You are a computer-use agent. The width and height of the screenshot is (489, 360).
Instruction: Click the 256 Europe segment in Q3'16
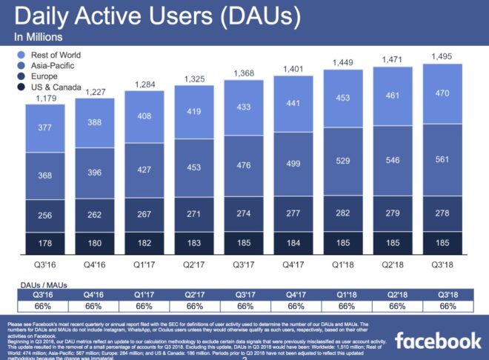tap(45, 215)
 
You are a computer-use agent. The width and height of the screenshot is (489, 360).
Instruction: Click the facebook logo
tap(437, 341)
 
